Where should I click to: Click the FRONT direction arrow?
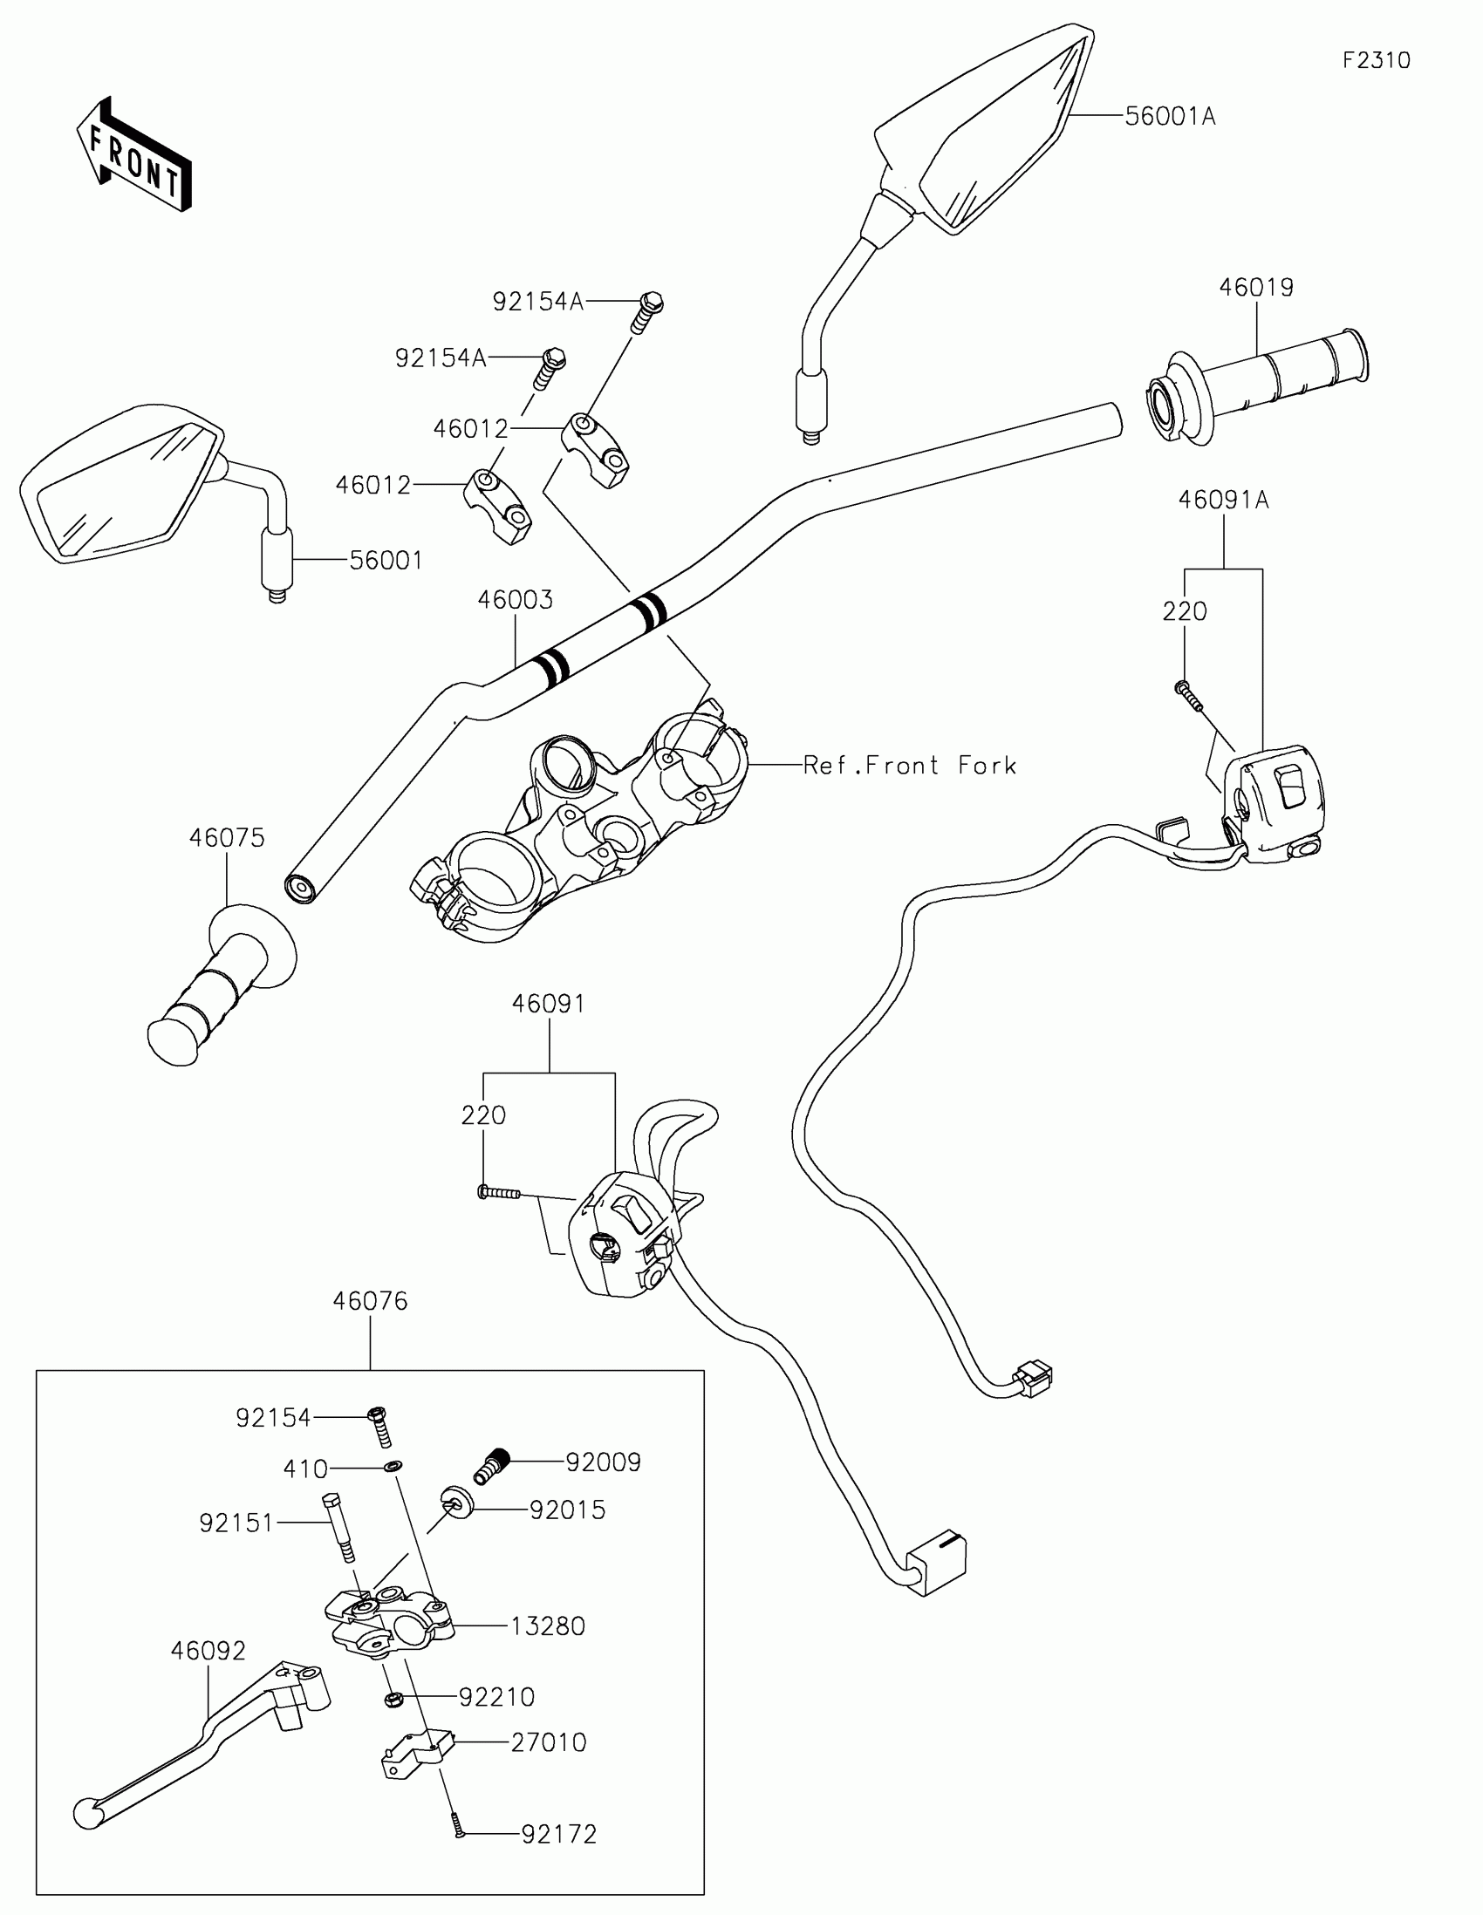coord(134,155)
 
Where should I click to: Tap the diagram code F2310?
coord(1376,60)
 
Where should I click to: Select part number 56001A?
coord(1170,117)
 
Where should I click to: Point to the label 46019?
coord(1256,288)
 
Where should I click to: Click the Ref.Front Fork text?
coord(910,766)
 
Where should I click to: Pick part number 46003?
coord(515,600)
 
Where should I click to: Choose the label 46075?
coord(226,838)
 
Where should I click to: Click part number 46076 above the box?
coord(370,1301)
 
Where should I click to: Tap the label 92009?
coord(603,1462)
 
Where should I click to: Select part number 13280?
coord(547,1626)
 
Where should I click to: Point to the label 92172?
coord(558,1834)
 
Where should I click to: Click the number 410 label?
coord(305,1469)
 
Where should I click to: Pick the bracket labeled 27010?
coord(418,1754)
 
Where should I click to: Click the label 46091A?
coord(1222,500)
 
